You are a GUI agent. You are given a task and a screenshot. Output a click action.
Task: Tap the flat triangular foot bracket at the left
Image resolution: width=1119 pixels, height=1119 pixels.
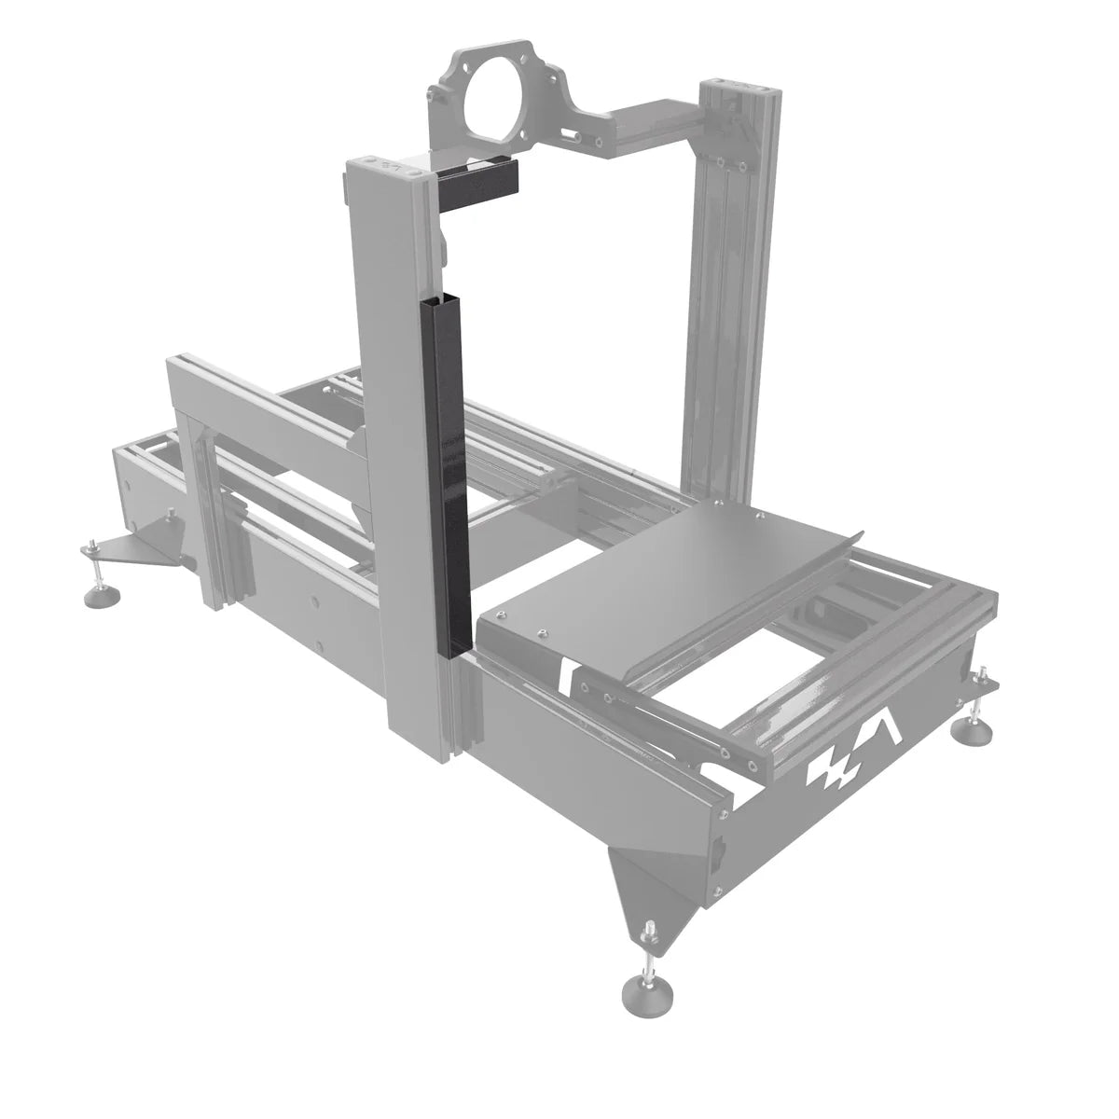point(140,549)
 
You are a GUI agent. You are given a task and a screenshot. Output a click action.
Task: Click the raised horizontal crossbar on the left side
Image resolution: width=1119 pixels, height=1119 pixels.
point(270,401)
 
